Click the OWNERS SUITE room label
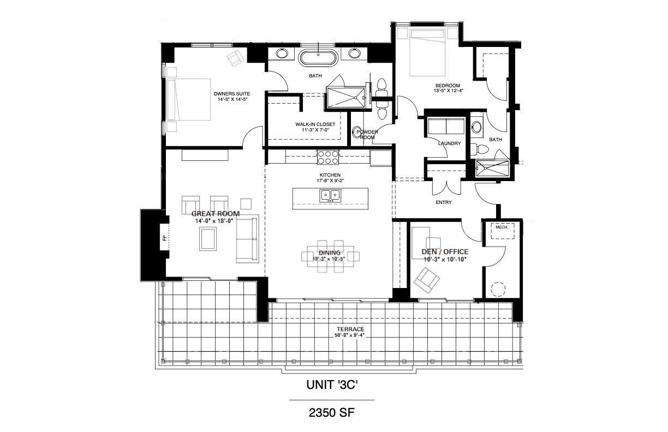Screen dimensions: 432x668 click(232, 93)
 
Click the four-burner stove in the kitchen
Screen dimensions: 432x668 click(327, 157)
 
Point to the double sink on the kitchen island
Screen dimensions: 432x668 click(330, 195)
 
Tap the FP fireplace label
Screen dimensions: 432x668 click(163, 238)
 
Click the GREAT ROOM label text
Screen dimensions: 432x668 click(215, 214)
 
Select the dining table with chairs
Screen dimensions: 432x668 click(330, 254)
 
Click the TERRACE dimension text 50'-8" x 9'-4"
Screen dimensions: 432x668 click(350, 335)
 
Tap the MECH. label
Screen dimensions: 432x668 click(502, 227)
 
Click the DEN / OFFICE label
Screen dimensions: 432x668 click(445, 251)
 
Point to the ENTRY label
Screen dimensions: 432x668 click(443, 203)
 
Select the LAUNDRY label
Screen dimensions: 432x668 click(450, 143)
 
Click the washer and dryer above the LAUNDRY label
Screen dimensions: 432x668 click(446, 126)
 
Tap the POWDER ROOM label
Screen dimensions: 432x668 click(367, 134)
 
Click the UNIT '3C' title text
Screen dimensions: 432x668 click(332, 385)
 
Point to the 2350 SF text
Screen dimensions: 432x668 click(332, 413)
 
